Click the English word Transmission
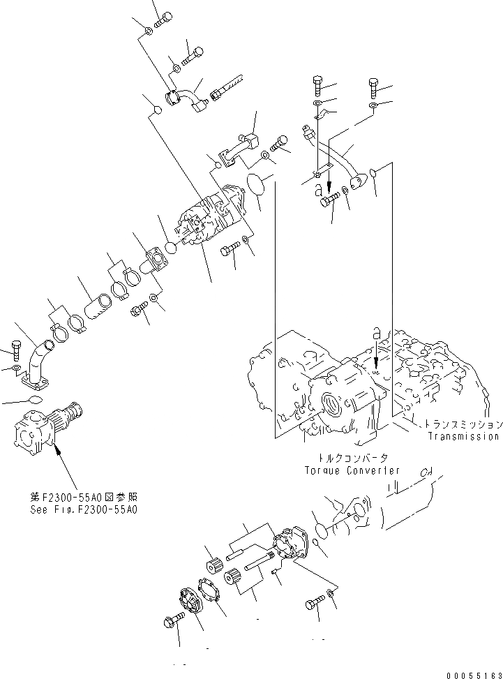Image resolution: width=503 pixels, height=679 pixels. pyautogui.click(x=463, y=437)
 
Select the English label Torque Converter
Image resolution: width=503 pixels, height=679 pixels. pyautogui.click(x=352, y=470)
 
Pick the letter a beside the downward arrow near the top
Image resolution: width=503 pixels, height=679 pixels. pyautogui.click(x=318, y=189)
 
